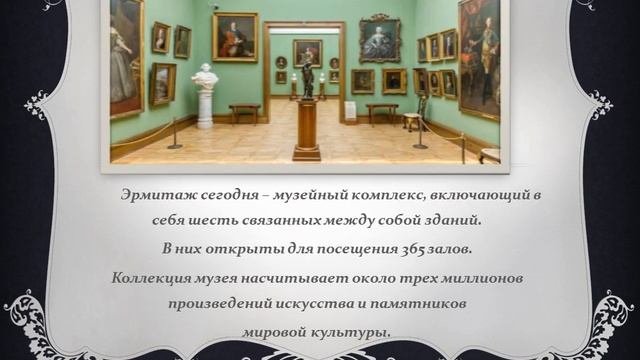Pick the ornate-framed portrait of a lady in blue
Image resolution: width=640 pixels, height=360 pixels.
click(379, 38)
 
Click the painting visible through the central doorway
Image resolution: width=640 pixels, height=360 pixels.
click(307, 52)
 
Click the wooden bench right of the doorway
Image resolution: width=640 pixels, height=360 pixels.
click(381, 109)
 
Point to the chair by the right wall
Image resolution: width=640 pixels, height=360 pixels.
click(412, 120)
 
